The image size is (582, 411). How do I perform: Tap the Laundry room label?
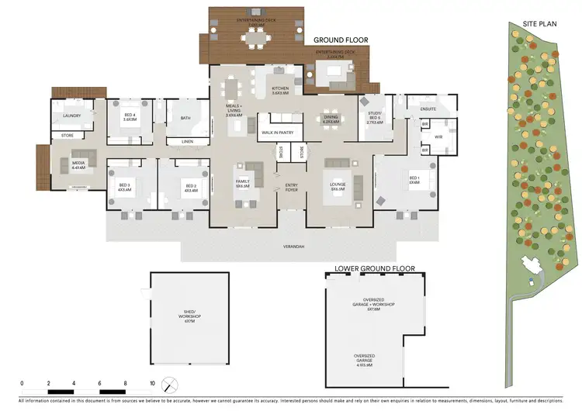pyautogui.click(x=72, y=116)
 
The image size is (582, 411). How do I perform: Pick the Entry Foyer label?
pyautogui.click(x=292, y=187)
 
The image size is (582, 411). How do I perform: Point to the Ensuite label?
pyautogui.click(x=428, y=109)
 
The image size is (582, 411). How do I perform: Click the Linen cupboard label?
pyautogui.click(x=187, y=142)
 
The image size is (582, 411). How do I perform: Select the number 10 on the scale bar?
pyautogui.click(x=152, y=383)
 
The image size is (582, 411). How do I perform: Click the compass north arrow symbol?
pyautogui.click(x=172, y=384)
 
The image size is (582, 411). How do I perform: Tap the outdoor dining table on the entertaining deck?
pyautogui.click(x=256, y=35)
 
